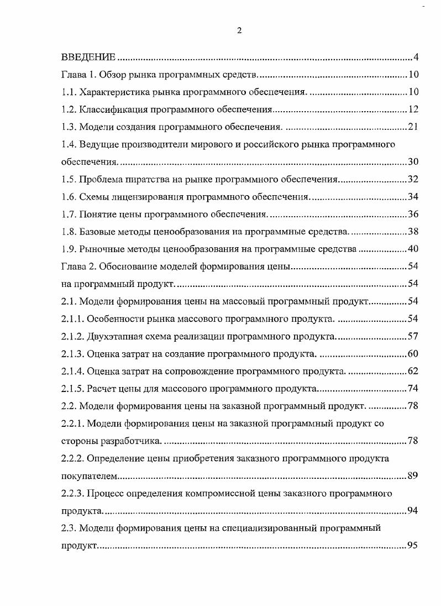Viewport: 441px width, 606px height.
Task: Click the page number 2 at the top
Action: (239, 31)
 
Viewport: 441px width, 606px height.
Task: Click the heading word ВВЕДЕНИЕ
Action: (88, 57)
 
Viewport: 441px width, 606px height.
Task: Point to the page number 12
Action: (413, 109)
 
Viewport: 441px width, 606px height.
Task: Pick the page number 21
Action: (413, 127)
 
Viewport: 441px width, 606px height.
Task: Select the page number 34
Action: (413, 197)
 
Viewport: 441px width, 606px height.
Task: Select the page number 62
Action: (413, 371)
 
